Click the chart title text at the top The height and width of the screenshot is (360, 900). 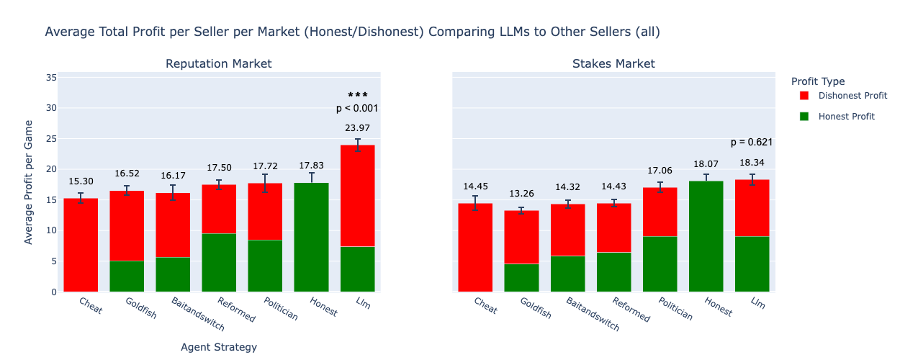point(352,32)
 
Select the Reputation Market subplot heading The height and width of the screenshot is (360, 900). point(219,63)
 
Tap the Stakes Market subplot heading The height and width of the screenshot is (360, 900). point(613,63)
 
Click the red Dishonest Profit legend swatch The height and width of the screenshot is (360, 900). point(804,96)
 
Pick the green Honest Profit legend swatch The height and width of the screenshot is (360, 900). point(804,117)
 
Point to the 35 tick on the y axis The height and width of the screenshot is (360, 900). point(51,78)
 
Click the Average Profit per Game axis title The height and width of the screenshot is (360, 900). point(28,182)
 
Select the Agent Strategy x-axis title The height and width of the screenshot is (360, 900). point(219,347)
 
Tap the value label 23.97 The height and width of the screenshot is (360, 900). point(357,127)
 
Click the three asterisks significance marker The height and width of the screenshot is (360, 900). point(358,95)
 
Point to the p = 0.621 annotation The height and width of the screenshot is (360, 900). point(752,143)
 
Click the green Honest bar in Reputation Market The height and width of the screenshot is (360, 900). point(311,238)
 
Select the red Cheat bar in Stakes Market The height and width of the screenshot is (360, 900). point(475,248)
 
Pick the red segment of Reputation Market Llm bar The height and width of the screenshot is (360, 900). point(358,196)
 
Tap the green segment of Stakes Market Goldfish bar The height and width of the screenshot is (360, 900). point(521,278)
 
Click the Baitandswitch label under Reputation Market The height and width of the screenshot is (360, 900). point(198,314)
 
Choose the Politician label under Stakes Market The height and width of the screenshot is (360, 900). point(675,309)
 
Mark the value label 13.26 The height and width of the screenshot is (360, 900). point(521,194)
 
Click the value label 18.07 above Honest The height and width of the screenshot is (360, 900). point(706,164)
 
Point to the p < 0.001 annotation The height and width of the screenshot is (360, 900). point(357,109)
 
